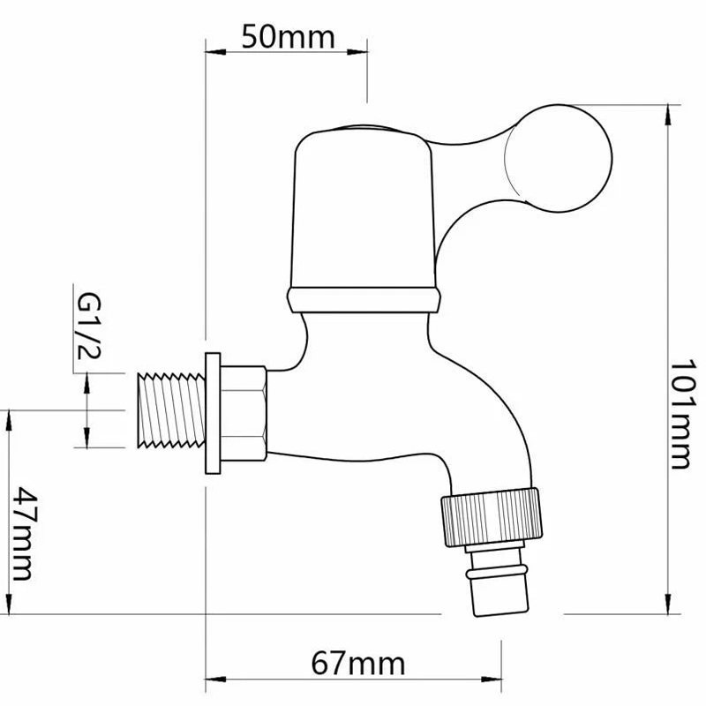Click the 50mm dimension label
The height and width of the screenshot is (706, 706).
(x=289, y=37)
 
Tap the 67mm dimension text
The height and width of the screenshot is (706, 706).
(x=358, y=664)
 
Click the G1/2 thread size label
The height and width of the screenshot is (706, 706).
(x=89, y=327)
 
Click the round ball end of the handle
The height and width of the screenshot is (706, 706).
(x=559, y=158)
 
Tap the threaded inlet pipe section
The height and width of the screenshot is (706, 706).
(x=171, y=410)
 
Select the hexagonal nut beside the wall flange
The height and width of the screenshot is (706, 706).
(x=244, y=413)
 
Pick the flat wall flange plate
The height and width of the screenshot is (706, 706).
(x=213, y=413)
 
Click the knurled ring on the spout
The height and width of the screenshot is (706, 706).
(x=492, y=517)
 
